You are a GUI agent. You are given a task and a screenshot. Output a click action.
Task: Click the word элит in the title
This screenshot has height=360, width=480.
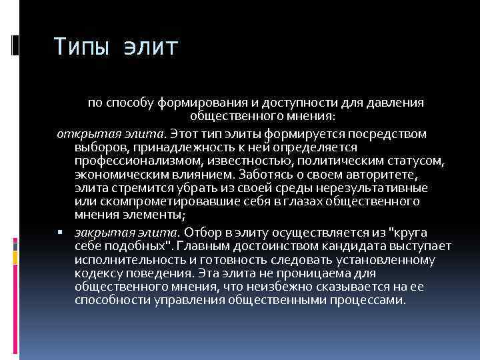[x=151, y=47]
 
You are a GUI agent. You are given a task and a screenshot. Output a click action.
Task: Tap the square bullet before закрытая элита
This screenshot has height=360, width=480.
[x=60, y=233]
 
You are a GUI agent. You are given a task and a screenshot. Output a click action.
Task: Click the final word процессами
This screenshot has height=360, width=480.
[x=369, y=301]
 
